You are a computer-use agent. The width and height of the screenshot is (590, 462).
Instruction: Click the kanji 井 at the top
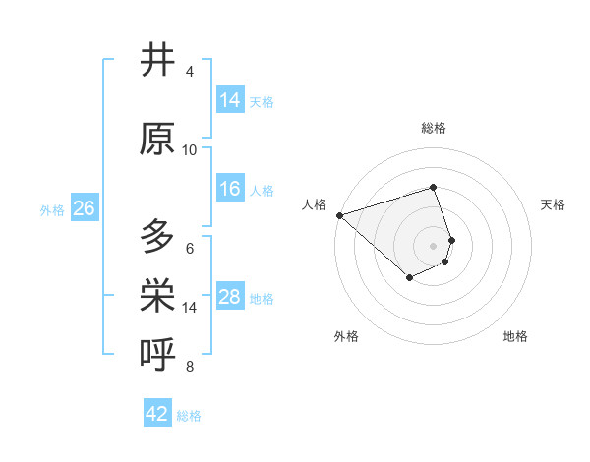(x=157, y=60)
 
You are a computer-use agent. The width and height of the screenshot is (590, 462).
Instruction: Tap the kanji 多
(x=157, y=237)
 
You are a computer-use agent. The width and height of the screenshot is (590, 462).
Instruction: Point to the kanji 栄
(x=157, y=296)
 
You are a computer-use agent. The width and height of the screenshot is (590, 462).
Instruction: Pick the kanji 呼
(x=157, y=355)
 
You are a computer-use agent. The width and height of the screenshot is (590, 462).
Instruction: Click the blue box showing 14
(x=230, y=100)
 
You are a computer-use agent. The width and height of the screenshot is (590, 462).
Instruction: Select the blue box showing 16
(x=230, y=189)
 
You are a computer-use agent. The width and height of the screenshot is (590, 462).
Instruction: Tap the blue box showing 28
(x=230, y=297)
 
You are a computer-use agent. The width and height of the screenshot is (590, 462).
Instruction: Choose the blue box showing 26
(x=84, y=208)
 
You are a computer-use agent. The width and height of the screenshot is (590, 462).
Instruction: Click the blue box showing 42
(x=157, y=414)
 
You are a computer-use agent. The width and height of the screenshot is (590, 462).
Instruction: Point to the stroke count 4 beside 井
(x=190, y=72)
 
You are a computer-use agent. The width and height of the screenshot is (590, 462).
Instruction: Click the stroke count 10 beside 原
(x=190, y=150)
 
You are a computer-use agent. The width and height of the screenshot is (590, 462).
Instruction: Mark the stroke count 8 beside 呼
(x=190, y=367)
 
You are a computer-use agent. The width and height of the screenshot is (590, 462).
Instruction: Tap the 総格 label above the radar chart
(x=434, y=128)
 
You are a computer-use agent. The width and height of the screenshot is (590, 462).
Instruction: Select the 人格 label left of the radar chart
(x=315, y=204)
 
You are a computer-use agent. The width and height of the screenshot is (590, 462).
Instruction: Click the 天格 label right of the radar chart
(x=554, y=204)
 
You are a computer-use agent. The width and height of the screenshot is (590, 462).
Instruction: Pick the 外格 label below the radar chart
(x=346, y=336)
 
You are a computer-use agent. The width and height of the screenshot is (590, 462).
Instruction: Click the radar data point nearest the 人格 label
(x=339, y=214)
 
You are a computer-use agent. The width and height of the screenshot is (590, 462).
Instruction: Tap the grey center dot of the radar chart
(x=434, y=245)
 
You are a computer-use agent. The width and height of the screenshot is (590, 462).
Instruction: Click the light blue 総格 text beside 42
(x=189, y=416)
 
